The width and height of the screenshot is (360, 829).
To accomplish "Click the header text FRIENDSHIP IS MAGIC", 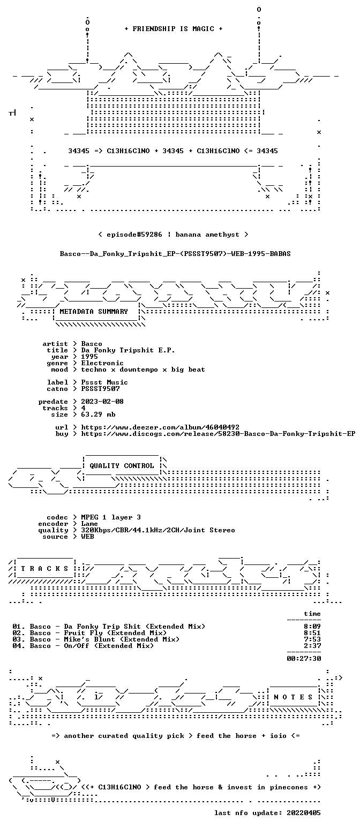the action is [174, 29].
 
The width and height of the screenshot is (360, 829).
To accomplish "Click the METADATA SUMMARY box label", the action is [94, 312].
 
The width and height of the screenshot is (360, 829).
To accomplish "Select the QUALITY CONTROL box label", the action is [122, 466].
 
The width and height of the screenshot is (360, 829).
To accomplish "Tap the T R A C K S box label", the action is [45, 569].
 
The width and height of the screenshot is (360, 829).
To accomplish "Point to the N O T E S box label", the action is [293, 697].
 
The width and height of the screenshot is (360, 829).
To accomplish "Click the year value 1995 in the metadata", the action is [89, 357].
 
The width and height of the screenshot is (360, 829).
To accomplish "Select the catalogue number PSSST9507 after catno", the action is [100, 389].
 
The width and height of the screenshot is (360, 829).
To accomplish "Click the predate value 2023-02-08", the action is [102, 402].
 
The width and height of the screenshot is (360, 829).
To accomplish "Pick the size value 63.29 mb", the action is [98, 415].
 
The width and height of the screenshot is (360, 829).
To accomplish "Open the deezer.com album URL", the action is [160, 427].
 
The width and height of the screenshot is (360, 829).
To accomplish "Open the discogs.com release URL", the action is [218, 434].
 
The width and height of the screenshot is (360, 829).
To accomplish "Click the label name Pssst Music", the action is [104, 383].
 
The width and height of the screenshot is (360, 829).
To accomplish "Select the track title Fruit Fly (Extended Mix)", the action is [115, 633].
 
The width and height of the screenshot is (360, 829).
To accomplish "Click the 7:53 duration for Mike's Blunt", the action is [312, 639].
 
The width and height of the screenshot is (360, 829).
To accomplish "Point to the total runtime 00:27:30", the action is [304, 659].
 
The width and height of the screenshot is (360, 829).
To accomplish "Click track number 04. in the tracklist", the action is [19, 646].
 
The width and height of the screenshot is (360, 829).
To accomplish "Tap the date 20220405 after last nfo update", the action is [304, 813].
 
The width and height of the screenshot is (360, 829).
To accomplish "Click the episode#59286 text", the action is [134, 235].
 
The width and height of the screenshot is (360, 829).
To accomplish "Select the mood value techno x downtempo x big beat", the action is [143, 370].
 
